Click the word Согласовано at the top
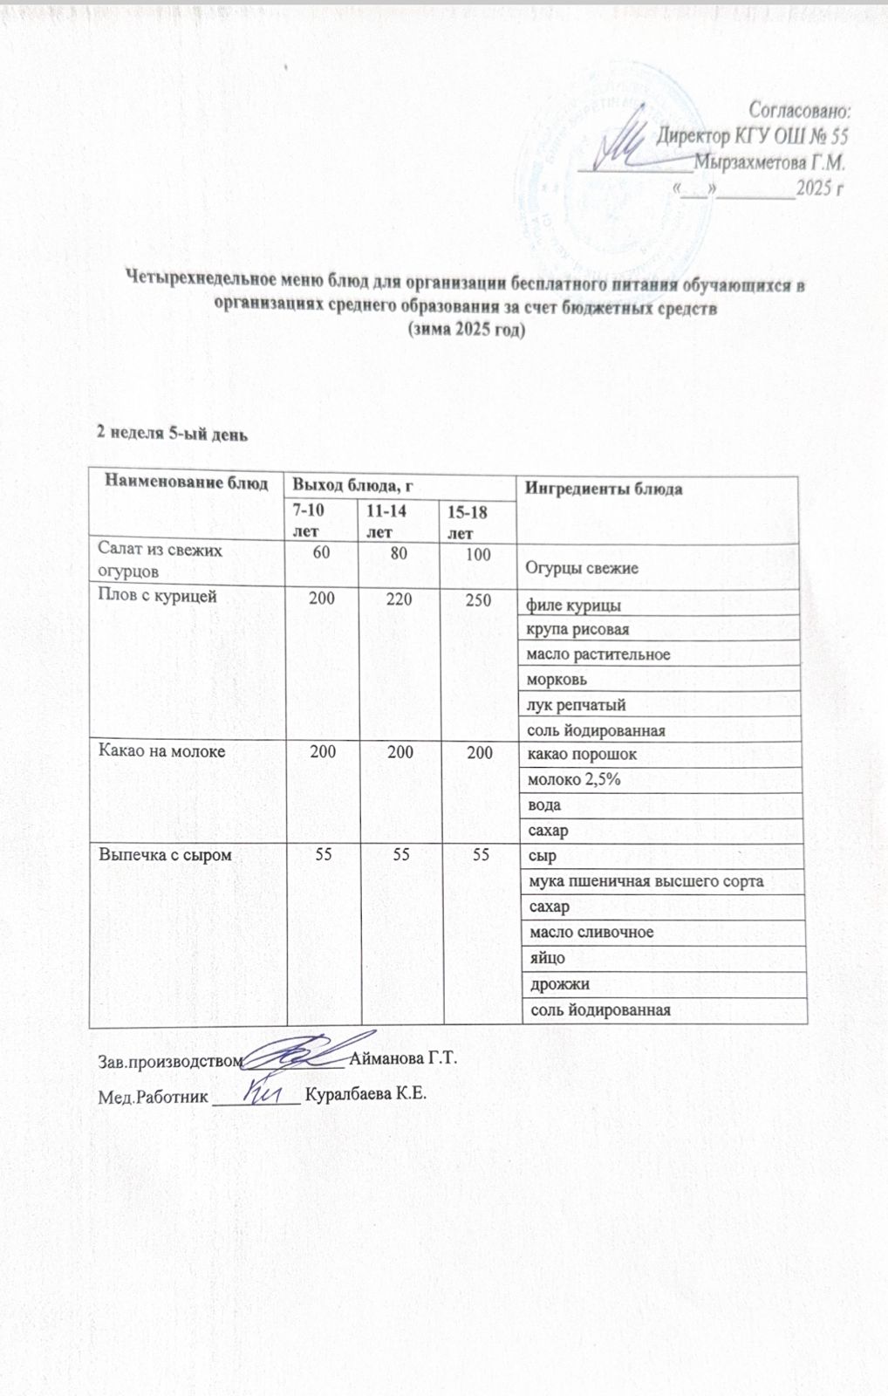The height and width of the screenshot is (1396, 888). [x=800, y=111]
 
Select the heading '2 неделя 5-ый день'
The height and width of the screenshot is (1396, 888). [x=173, y=434]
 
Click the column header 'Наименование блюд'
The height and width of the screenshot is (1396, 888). [x=187, y=482]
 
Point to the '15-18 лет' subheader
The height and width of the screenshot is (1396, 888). [x=466, y=522]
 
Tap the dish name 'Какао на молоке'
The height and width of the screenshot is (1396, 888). [x=162, y=751]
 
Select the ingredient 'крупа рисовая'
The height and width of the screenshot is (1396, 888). [x=577, y=629]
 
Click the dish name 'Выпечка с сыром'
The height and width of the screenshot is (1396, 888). [x=165, y=855]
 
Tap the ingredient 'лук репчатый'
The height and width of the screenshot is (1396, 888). [x=575, y=705]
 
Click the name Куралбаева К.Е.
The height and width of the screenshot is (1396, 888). [x=365, y=1096]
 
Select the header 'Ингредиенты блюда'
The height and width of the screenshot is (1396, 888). [x=603, y=489]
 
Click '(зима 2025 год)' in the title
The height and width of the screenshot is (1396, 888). [x=467, y=331]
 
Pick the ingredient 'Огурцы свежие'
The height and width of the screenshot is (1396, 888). [x=581, y=568]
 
